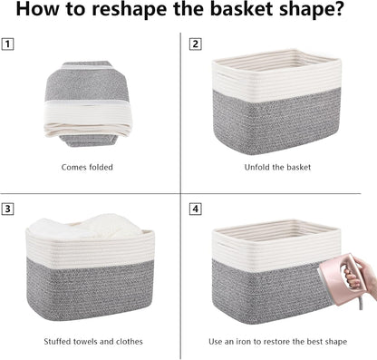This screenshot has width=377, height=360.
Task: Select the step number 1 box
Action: pyautogui.click(x=9, y=44)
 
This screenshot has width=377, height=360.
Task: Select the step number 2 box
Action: pyautogui.click(x=195, y=44)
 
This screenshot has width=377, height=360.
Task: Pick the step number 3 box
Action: pyautogui.click(x=9, y=209)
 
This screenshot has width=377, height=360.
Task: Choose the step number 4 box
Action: pyautogui.click(x=195, y=209)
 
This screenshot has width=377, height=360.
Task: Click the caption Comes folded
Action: pyautogui.click(x=88, y=167)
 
